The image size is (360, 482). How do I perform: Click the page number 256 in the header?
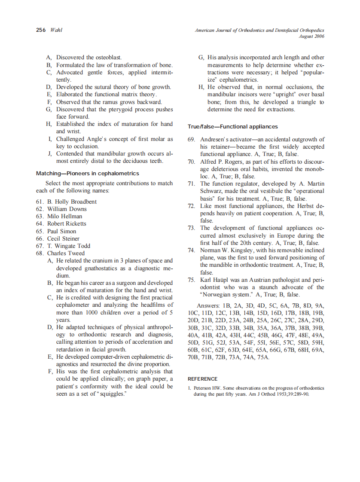click(x=42, y=30)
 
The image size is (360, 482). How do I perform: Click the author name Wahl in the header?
click(x=56, y=30)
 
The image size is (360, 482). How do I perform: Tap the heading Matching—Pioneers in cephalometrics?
click(x=87, y=174)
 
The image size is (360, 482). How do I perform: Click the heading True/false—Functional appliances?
click(x=232, y=127)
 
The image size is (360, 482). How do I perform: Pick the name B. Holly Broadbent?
click(x=72, y=201)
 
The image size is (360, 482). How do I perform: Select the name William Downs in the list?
click(x=67, y=209)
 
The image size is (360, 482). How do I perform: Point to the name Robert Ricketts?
click(x=67, y=224)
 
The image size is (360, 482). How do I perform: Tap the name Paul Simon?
click(x=61, y=231)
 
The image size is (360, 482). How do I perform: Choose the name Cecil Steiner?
click(x=63, y=238)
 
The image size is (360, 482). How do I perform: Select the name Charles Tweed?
click(x=66, y=253)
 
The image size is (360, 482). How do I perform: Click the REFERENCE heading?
click(x=203, y=379)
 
